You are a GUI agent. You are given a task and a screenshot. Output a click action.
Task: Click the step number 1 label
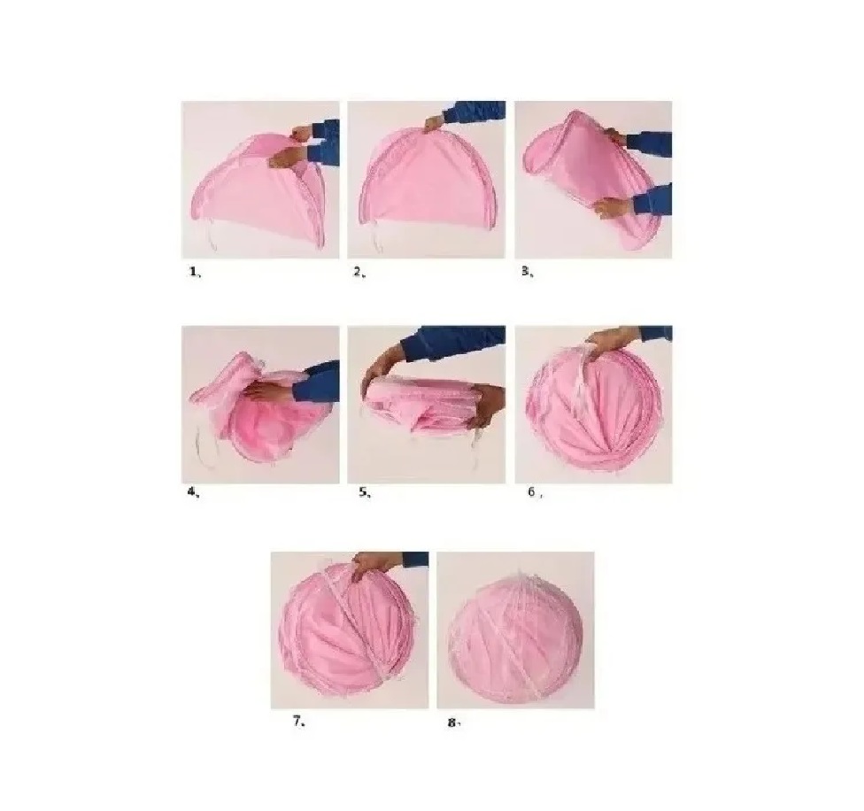click(195, 272)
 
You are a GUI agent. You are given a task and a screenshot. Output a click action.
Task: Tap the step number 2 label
click(359, 272)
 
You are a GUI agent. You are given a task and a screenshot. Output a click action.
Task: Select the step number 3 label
click(527, 271)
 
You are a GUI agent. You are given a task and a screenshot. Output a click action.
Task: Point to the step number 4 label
click(193, 492)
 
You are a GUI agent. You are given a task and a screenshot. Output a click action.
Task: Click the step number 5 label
click(364, 492)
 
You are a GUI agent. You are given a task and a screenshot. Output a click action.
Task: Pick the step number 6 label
click(535, 492)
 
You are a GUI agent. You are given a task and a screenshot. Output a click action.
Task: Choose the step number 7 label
click(299, 721)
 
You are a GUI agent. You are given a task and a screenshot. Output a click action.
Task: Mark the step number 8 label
click(453, 722)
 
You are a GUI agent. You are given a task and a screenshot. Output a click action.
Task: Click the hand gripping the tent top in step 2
click(437, 123)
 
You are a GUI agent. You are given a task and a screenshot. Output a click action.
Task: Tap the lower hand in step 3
click(611, 207)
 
